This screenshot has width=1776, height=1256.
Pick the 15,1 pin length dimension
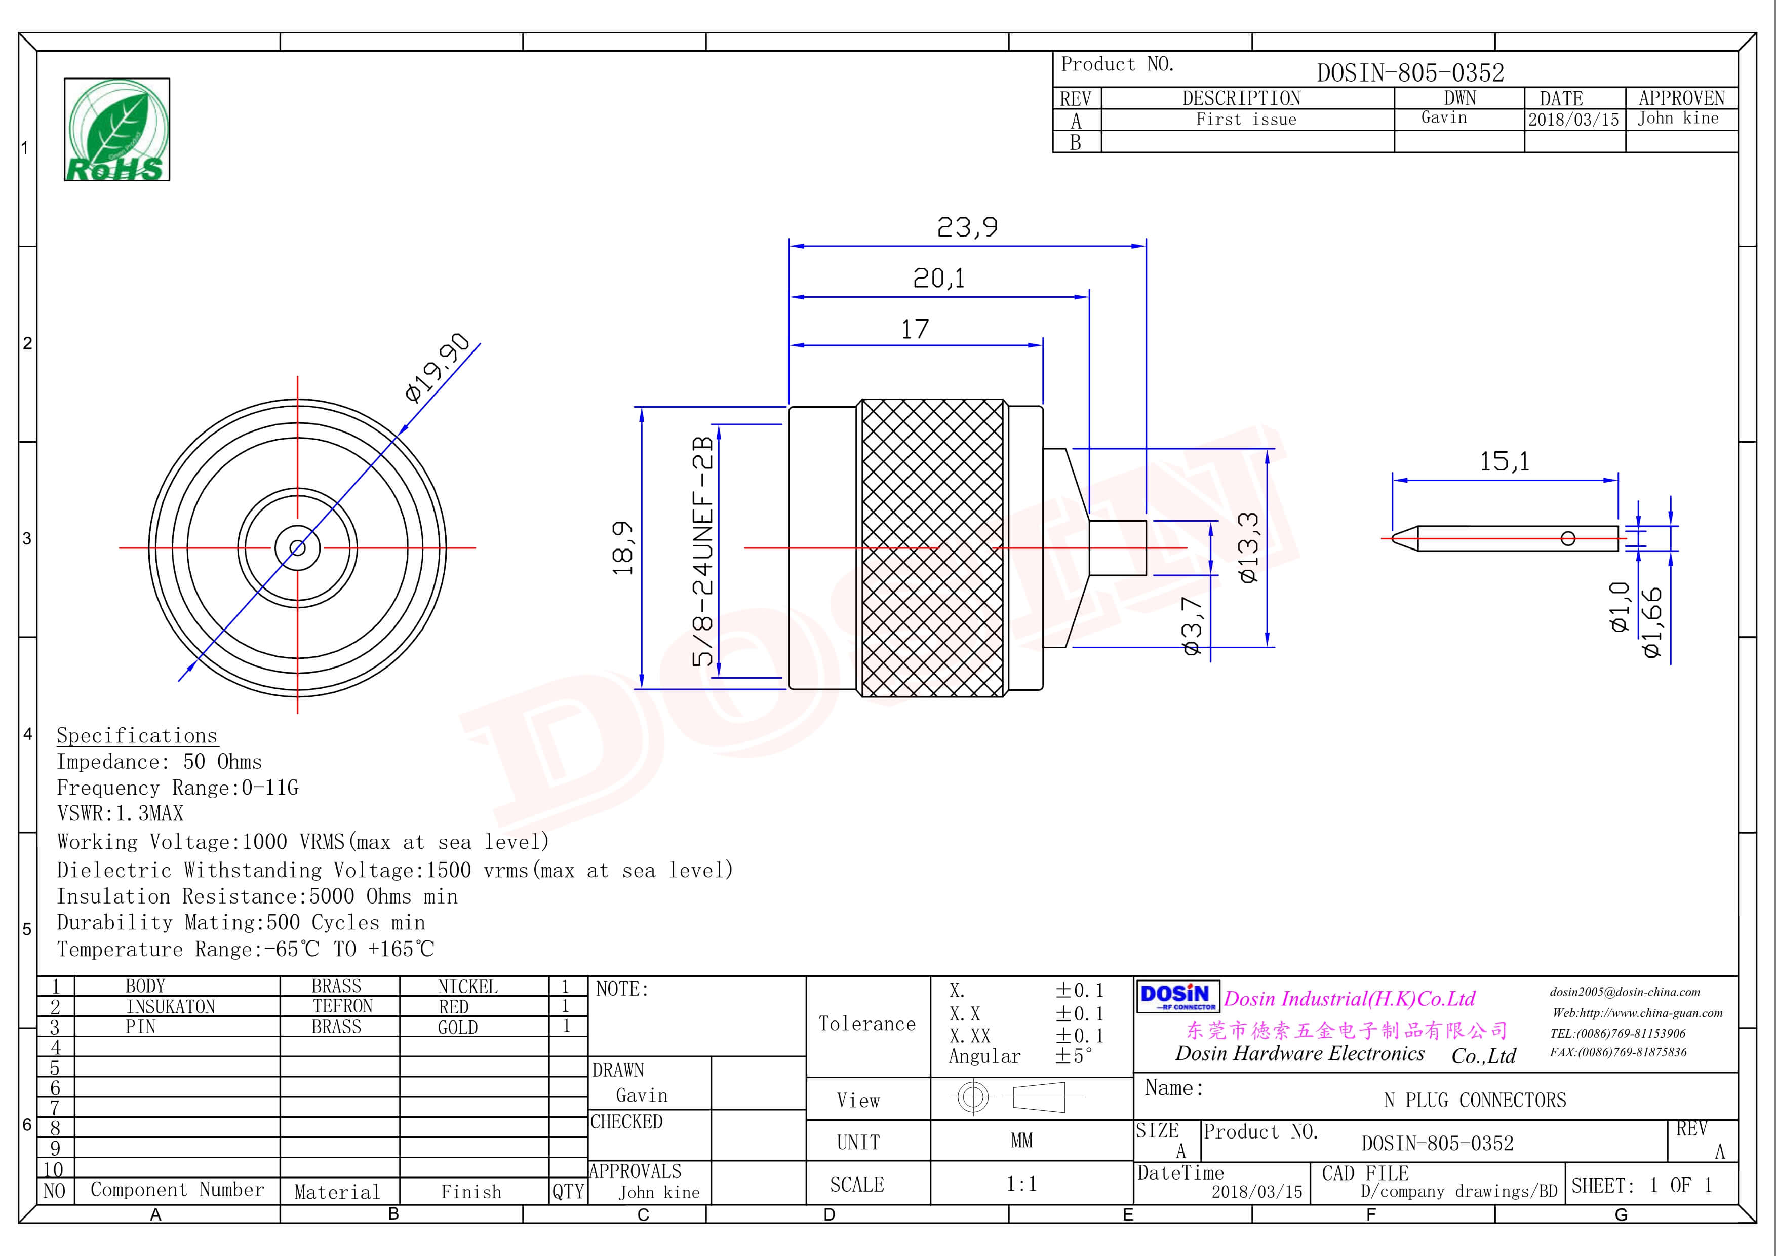pos(1505,462)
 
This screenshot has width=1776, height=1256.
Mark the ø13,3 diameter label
pos(1248,547)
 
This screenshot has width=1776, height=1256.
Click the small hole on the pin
pos(1568,538)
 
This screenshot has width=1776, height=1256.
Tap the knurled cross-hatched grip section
pos(933,547)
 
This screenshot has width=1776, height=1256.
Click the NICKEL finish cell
pos(468,987)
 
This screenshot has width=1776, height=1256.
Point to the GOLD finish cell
pos(458,1027)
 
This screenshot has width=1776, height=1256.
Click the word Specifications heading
pos(137,735)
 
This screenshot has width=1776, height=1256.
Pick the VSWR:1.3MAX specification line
pos(121,814)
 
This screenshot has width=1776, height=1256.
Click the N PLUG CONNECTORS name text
pos(1474,1100)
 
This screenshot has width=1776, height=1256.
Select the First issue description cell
pos(1246,119)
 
